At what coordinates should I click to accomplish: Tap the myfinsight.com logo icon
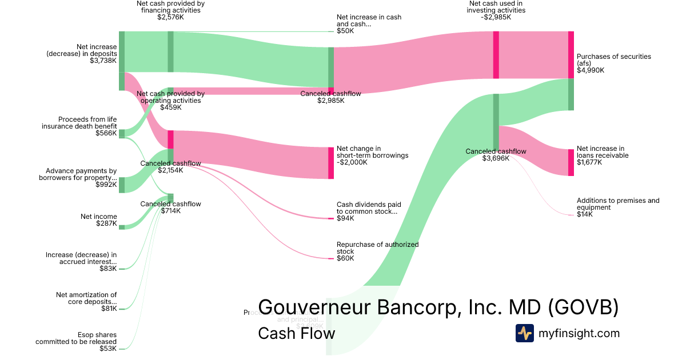(524, 333)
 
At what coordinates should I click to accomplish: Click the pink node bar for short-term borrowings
(331, 163)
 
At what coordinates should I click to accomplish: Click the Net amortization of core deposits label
(86, 298)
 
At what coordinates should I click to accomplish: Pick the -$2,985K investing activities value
(496, 17)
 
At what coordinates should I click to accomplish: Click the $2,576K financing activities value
(170, 17)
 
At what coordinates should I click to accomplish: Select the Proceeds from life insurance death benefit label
(79, 123)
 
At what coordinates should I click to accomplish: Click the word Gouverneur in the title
(315, 307)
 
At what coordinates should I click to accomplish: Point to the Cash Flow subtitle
(296, 333)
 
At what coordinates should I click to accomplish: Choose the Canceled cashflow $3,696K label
(496, 155)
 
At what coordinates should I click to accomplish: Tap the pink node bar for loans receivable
(571, 162)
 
